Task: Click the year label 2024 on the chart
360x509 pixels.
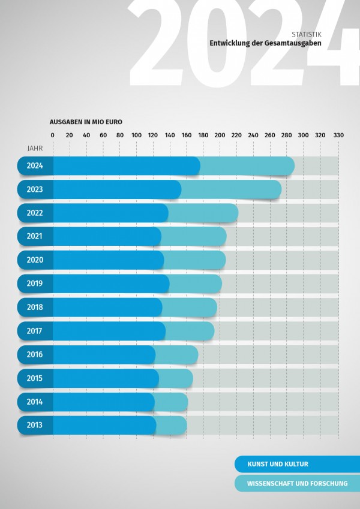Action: click(35, 165)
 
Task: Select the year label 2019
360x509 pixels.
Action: click(35, 284)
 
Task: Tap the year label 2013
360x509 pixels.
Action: click(35, 425)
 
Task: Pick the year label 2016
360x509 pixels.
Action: click(35, 354)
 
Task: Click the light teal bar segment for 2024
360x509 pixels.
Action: click(247, 165)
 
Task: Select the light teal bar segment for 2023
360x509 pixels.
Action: click(232, 189)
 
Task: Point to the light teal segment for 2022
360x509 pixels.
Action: click(203, 213)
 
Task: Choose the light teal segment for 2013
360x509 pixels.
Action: click(172, 425)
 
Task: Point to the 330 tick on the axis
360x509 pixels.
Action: click(338, 135)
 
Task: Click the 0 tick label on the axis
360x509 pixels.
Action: click(53, 135)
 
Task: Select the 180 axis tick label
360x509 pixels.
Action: click(203, 135)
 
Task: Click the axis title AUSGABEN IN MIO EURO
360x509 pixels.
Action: click(86, 122)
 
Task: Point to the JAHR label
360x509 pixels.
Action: click(35, 147)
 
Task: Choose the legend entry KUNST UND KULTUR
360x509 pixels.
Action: click(278, 464)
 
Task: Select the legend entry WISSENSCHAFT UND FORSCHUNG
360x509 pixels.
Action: click(297, 483)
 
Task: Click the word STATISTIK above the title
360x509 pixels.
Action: click(306, 35)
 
